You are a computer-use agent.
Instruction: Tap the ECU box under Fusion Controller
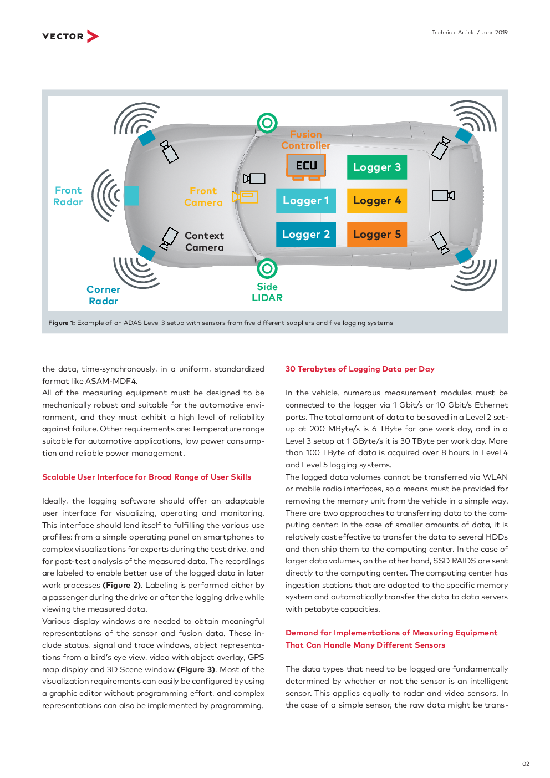tap(306, 166)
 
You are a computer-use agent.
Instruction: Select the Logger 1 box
tap(306, 200)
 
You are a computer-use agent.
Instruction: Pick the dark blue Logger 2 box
tap(306, 234)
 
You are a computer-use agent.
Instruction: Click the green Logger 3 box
tap(377, 167)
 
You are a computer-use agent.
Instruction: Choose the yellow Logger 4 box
tap(377, 200)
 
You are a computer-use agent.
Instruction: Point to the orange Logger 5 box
tap(377, 234)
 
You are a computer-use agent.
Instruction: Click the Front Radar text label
tap(68, 196)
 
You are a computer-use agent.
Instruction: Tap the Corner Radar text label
tap(104, 295)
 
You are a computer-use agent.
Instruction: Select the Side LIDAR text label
tap(267, 292)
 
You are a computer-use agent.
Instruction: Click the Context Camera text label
tap(205, 241)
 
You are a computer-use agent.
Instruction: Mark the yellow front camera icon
tap(245, 197)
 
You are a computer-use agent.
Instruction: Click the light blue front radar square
tap(131, 196)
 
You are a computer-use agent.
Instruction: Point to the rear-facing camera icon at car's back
tap(443, 195)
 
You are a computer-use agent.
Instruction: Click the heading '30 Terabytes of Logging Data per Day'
tap(360, 369)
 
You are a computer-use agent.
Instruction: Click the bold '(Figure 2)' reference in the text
tap(122, 585)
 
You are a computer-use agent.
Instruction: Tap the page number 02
tap(526, 764)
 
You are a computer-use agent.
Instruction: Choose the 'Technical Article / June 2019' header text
tap(470, 32)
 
